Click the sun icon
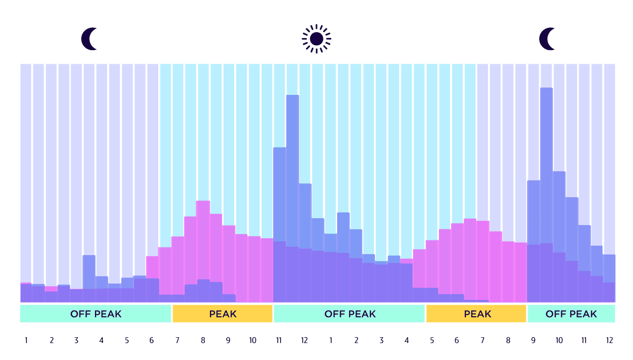tap(316, 38)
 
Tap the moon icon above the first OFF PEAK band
tap(90, 39)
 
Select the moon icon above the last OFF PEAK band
tap(548, 39)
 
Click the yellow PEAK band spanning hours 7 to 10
tap(222, 314)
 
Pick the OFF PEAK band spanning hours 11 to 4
tap(349, 314)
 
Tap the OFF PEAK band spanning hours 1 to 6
tap(95, 314)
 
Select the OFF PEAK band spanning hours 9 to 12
tap(571, 314)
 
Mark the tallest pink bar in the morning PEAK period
tap(203, 237)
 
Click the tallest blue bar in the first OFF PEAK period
tap(89, 271)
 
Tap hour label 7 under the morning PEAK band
tap(177, 340)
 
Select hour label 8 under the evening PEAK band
tap(508, 340)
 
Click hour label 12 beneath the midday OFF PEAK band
tap(304, 340)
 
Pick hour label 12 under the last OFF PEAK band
tap(609, 340)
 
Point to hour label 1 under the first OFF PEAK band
tap(26, 340)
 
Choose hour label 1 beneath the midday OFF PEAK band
tap(331, 340)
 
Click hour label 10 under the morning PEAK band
tap(253, 340)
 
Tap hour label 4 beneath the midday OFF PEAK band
tap(407, 340)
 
